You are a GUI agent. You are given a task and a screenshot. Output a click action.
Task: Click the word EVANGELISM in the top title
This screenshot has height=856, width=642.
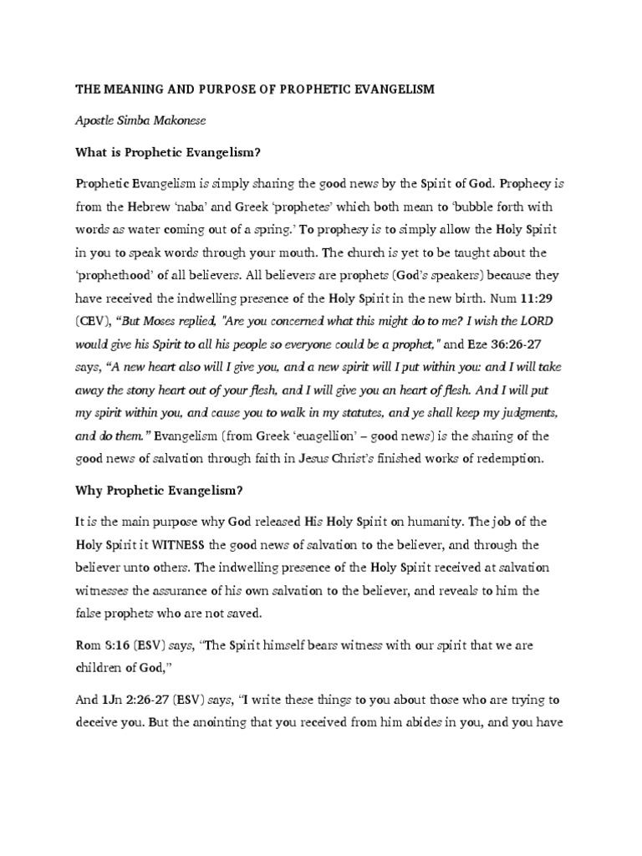tap(391, 89)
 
